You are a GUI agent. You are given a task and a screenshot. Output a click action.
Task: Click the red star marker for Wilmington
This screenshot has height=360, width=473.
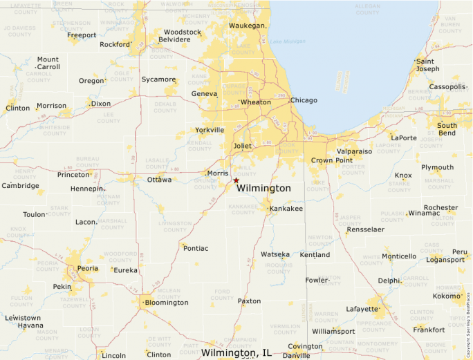[x=236, y=180]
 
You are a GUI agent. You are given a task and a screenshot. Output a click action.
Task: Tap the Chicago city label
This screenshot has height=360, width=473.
[x=304, y=100]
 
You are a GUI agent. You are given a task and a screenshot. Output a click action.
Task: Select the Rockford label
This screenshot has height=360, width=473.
[x=115, y=45]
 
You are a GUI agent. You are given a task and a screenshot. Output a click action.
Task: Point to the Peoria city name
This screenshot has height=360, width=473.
[x=88, y=267]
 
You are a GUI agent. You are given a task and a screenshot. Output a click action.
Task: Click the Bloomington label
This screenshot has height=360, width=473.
[x=167, y=302]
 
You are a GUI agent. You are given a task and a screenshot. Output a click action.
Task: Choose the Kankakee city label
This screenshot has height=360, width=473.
[x=286, y=208]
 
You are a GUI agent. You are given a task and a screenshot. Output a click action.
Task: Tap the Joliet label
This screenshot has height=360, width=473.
[x=243, y=146]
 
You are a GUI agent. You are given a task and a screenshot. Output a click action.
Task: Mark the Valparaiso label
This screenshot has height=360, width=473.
[x=354, y=151]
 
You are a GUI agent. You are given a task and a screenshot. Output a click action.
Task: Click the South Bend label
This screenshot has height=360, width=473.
[x=447, y=129]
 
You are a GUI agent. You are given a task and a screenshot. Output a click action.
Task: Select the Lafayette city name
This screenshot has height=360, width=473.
[x=362, y=308]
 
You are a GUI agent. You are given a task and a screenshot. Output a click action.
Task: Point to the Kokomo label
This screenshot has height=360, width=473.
[x=447, y=296]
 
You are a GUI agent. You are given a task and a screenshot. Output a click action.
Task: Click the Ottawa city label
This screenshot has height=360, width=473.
[x=160, y=180]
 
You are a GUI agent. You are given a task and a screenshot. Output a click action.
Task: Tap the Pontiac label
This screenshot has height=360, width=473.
[x=196, y=248]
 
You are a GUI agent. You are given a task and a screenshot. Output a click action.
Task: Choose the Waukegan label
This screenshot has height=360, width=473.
[x=248, y=26]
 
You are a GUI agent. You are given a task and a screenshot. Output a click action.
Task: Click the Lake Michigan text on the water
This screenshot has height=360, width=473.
[x=287, y=42]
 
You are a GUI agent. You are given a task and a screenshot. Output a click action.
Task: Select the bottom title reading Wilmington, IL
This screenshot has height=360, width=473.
[x=236, y=353]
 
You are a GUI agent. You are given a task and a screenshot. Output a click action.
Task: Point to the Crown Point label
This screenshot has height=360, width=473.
[x=331, y=160]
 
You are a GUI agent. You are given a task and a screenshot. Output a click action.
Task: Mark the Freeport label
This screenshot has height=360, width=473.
[x=82, y=35]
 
